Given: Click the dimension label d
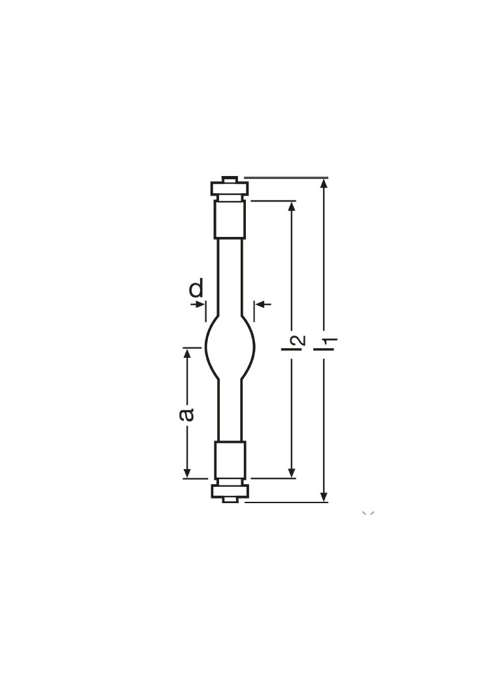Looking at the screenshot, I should pyautogui.click(x=196, y=288).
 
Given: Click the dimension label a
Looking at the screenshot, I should pyautogui.click(x=187, y=414).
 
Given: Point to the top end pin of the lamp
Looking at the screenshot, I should pyautogui.click(x=230, y=179).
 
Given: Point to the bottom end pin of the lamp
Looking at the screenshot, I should pyautogui.click(x=230, y=500).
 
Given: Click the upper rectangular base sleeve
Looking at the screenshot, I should pyautogui.click(x=230, y=219).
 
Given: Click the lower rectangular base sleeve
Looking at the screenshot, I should pyautogui.click(x=230, y=460).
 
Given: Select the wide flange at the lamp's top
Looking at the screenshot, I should pyautogui.click(x=230, y=188).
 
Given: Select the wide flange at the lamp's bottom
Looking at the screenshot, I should pyautogui.click(x=230, y=490).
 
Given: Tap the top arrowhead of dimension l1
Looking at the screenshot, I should pyautogui.click(x=324, y=184).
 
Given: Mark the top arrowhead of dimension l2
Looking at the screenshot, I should pyautogui.click(x=292, y=207).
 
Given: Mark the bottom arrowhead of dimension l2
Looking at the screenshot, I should pyautogui.click(x=292, y=472).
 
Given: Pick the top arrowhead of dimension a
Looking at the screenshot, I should pyautogui.click(x=188, y=354).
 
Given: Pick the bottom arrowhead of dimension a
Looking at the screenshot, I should pyautogui.click(x=188, y=472).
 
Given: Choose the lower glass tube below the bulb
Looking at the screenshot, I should pyautogui.click(x=230, y=409).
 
